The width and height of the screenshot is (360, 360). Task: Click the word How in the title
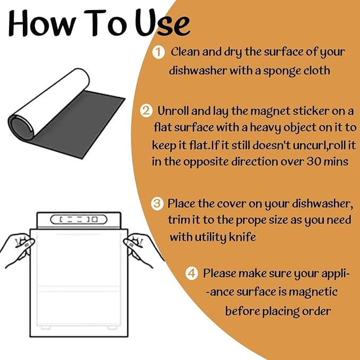pyautogui.click(x=42, y=23)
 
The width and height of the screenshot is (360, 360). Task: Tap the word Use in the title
pyautogui.click(x=162, y=23)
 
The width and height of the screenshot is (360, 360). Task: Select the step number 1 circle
pyautogui.click(x=159, y=52)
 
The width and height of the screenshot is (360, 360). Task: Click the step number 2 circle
pyautogui.click(x=146, y=111)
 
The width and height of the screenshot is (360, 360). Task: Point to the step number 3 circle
pyautogui.click(x=157, y=204)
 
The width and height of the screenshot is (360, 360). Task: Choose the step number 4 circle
pyautogui.click(x=192, y=273)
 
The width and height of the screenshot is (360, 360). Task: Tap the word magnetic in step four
pyautogui.click(x=313, y=292)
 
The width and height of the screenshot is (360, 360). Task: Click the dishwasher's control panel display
pyautogui.click(x=79, y=219)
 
